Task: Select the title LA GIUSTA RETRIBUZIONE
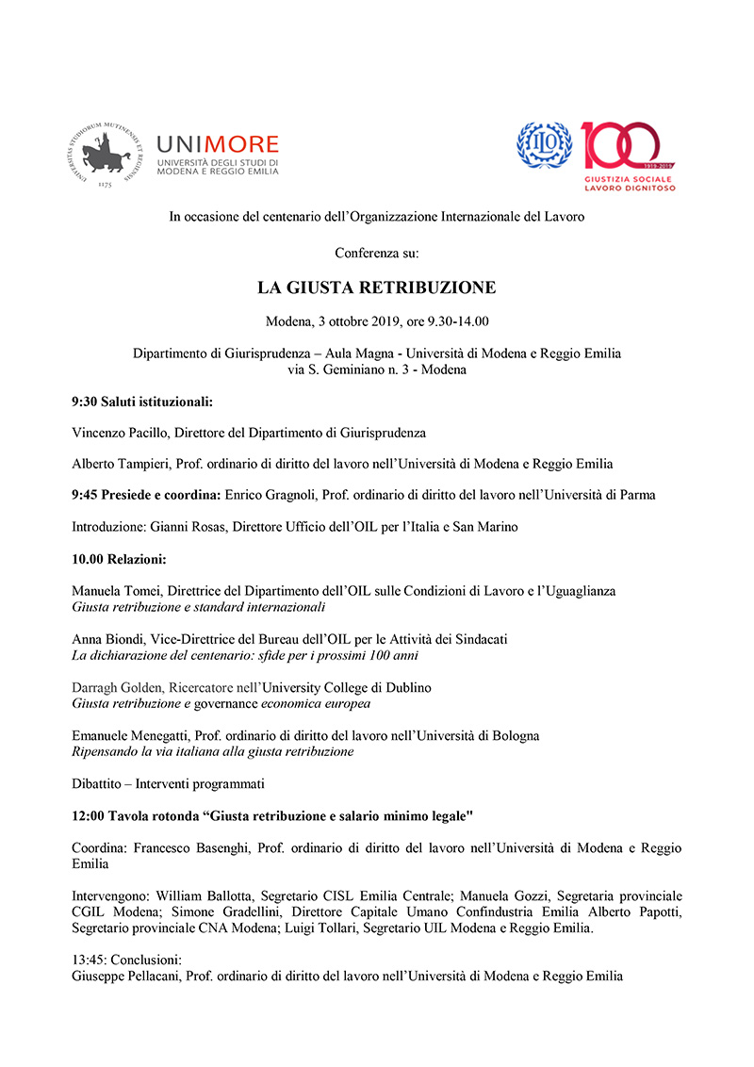377,287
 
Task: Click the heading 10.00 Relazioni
119,559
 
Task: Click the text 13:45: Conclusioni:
126,960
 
